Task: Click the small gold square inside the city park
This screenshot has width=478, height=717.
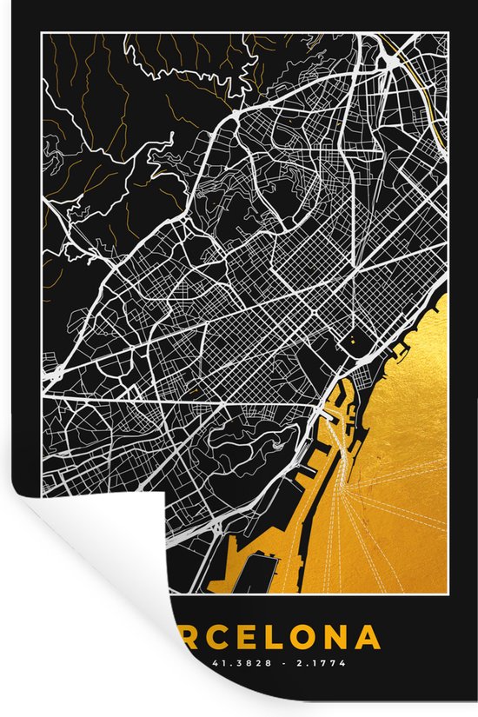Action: point(353,342)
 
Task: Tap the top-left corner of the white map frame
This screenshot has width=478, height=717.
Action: point(43,35)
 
